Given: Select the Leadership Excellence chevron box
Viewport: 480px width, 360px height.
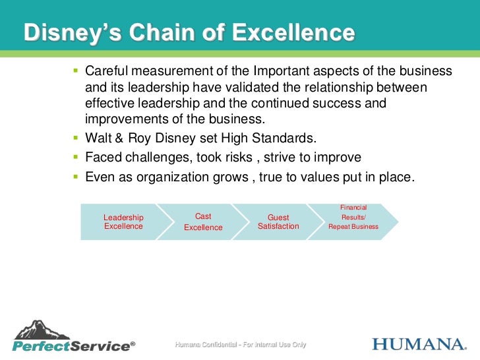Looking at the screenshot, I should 123,222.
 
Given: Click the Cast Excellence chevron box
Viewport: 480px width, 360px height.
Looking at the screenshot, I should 203,222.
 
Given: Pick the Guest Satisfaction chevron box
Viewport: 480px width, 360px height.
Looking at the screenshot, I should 278,222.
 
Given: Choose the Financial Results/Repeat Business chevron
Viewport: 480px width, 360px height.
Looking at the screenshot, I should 353,222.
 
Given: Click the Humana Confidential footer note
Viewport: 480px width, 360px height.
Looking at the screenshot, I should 240,345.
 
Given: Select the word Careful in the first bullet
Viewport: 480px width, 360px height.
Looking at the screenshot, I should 107,71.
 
